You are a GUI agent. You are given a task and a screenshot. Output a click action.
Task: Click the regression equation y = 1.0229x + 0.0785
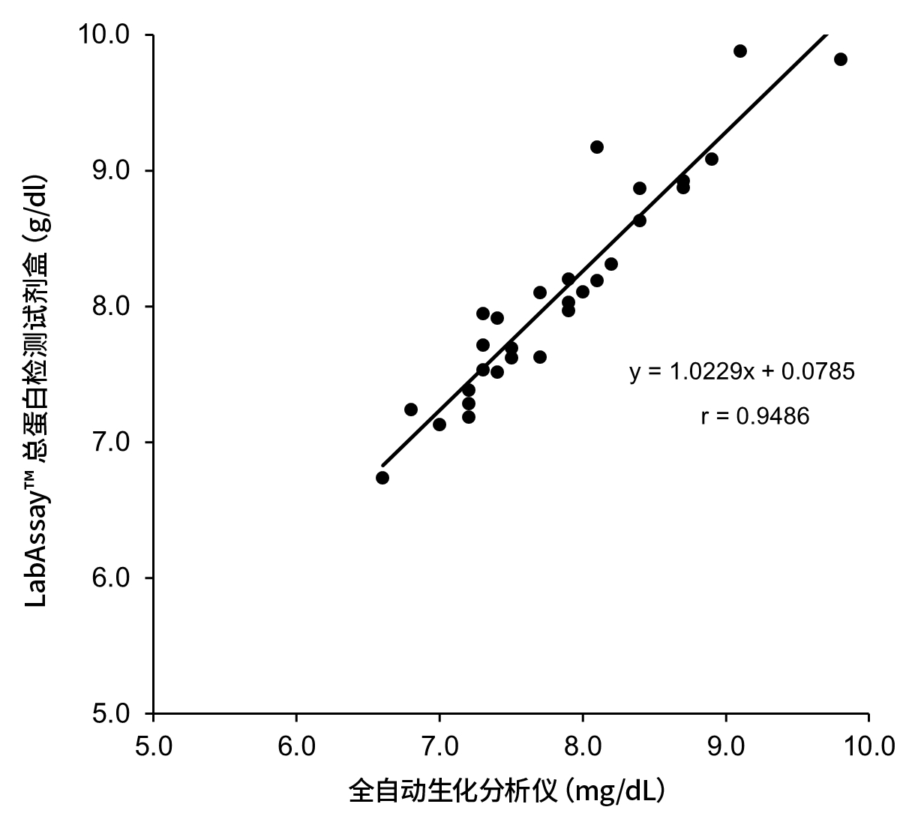(x=742, y=371)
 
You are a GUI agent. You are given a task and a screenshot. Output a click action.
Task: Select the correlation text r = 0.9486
(x=754, y=416)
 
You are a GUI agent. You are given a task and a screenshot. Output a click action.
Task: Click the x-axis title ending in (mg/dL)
(x=508, y=792)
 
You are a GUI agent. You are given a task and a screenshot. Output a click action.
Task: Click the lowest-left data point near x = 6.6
(x=382, y=478)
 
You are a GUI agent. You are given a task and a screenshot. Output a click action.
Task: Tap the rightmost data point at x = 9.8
(x=841, y=59)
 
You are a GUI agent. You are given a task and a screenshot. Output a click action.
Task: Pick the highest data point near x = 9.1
(x=740, y=51)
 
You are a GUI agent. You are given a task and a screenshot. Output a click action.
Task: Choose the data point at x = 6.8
(x=411, y=409)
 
